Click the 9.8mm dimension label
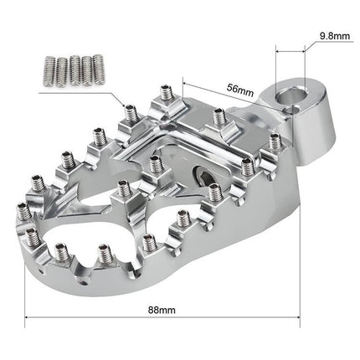pyautogui.click(x=334, y=35)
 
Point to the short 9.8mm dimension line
pyautogui.click(x=289, y=50)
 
